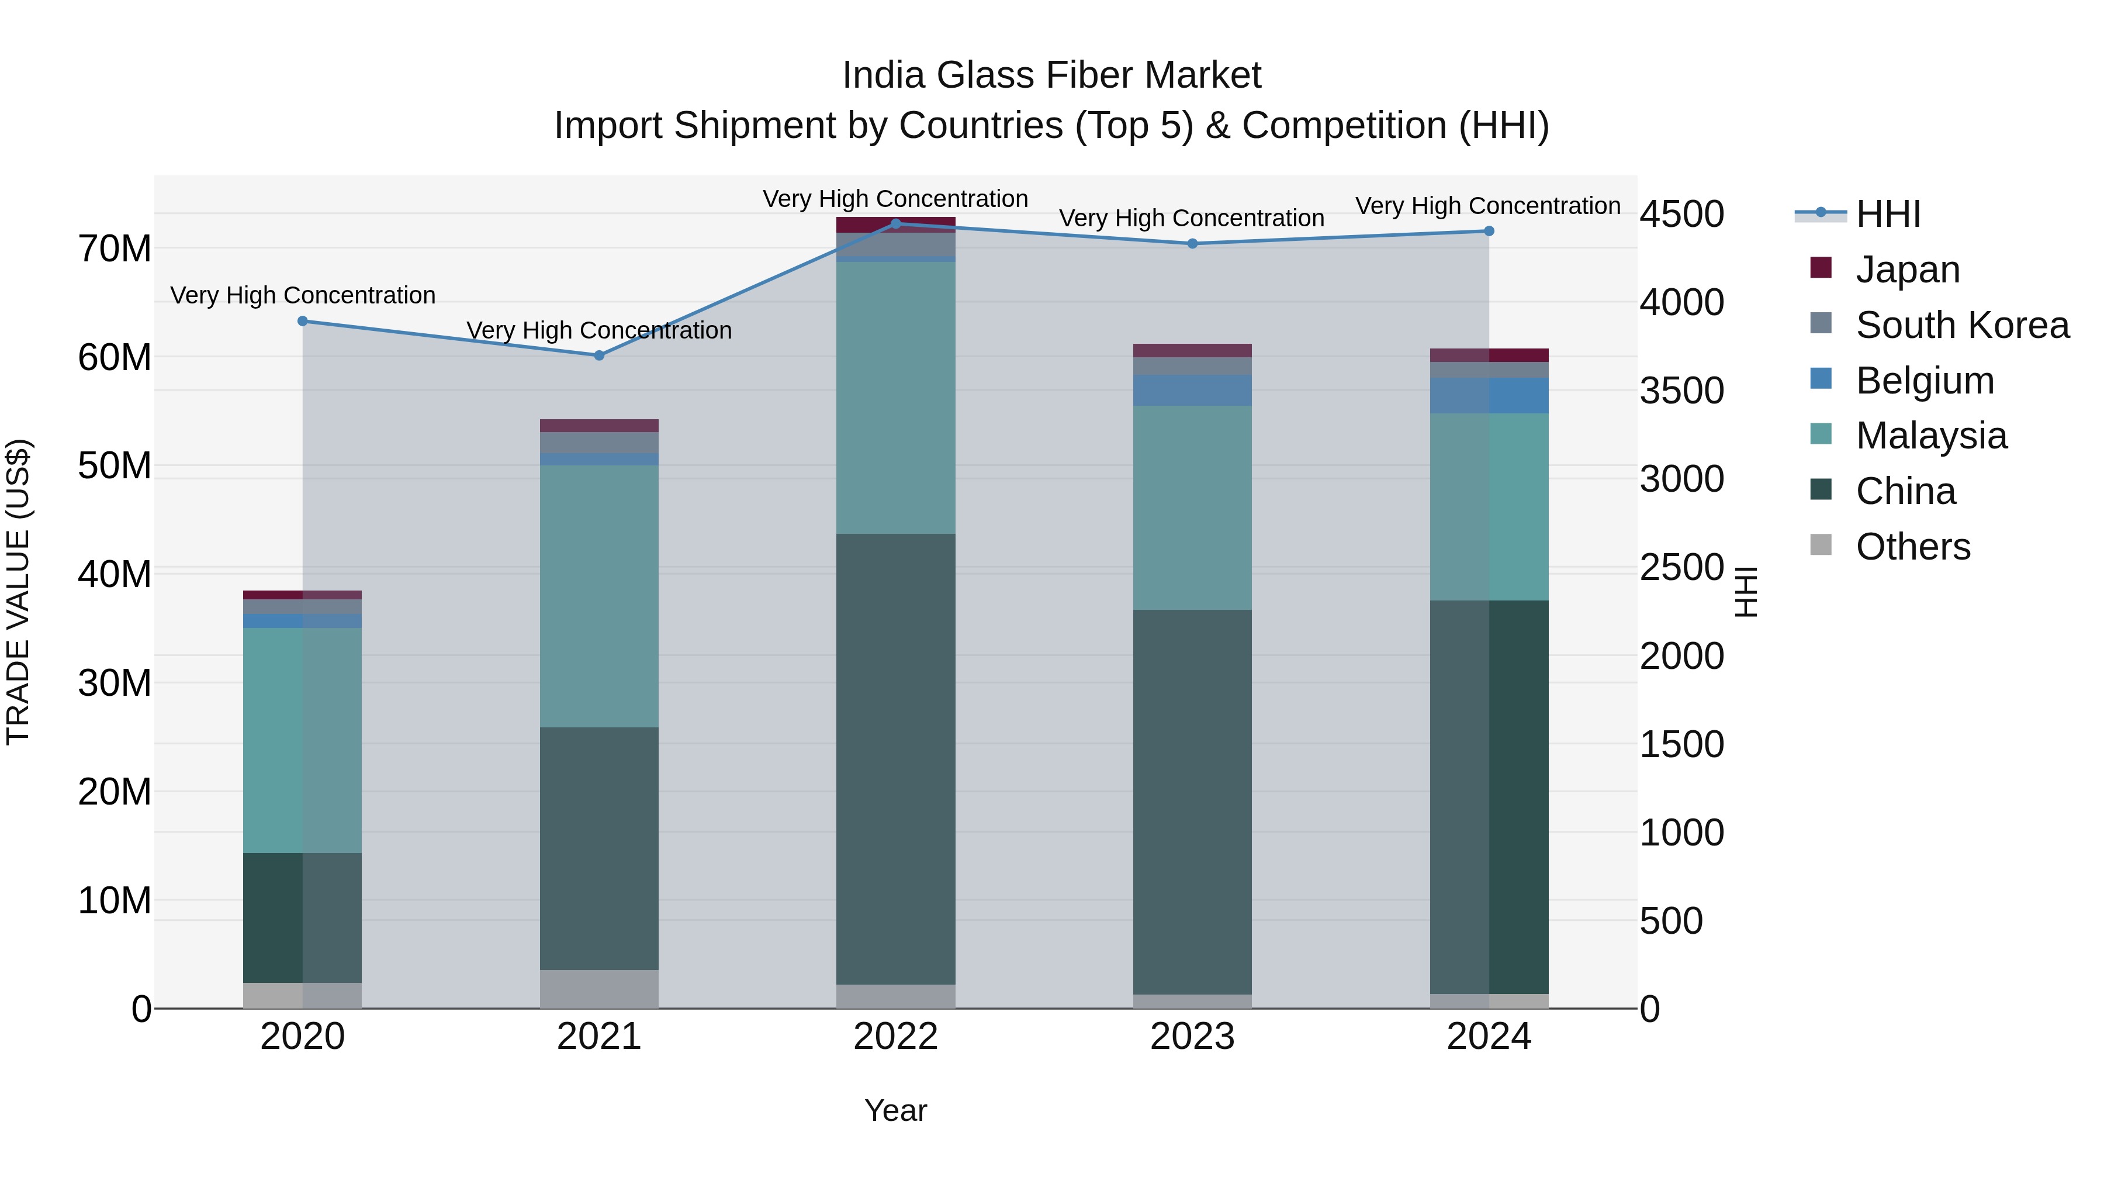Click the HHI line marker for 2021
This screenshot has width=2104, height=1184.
[598, 355]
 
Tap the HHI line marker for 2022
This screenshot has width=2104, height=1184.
[895, 224]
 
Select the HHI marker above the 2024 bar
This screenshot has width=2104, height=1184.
[1489, 231]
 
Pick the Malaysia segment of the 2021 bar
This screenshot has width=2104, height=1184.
[598, 596]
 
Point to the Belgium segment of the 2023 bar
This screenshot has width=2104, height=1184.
[1192, 391]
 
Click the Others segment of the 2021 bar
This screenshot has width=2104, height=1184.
[598, 989]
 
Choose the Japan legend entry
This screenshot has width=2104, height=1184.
[1907, 270]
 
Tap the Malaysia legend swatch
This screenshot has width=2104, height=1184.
[1821, 434]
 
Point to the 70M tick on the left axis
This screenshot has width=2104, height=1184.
[115, 248]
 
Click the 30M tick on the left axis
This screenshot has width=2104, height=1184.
[115, 683]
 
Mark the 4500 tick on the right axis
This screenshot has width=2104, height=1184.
[1681, 214]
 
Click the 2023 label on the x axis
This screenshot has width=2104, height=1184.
[1192, 1037]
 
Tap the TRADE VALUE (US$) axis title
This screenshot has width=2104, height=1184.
[18, 592]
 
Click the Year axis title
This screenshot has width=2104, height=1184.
[895, 1110]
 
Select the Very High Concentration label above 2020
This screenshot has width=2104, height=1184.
[302, 295]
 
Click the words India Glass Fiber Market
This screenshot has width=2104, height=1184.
[1051, 75]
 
